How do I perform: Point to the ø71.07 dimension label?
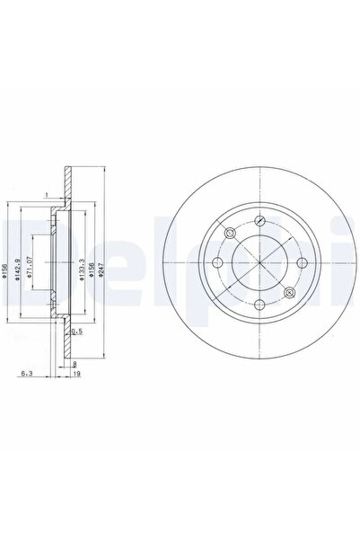31,269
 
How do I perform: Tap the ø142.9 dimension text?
20,269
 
